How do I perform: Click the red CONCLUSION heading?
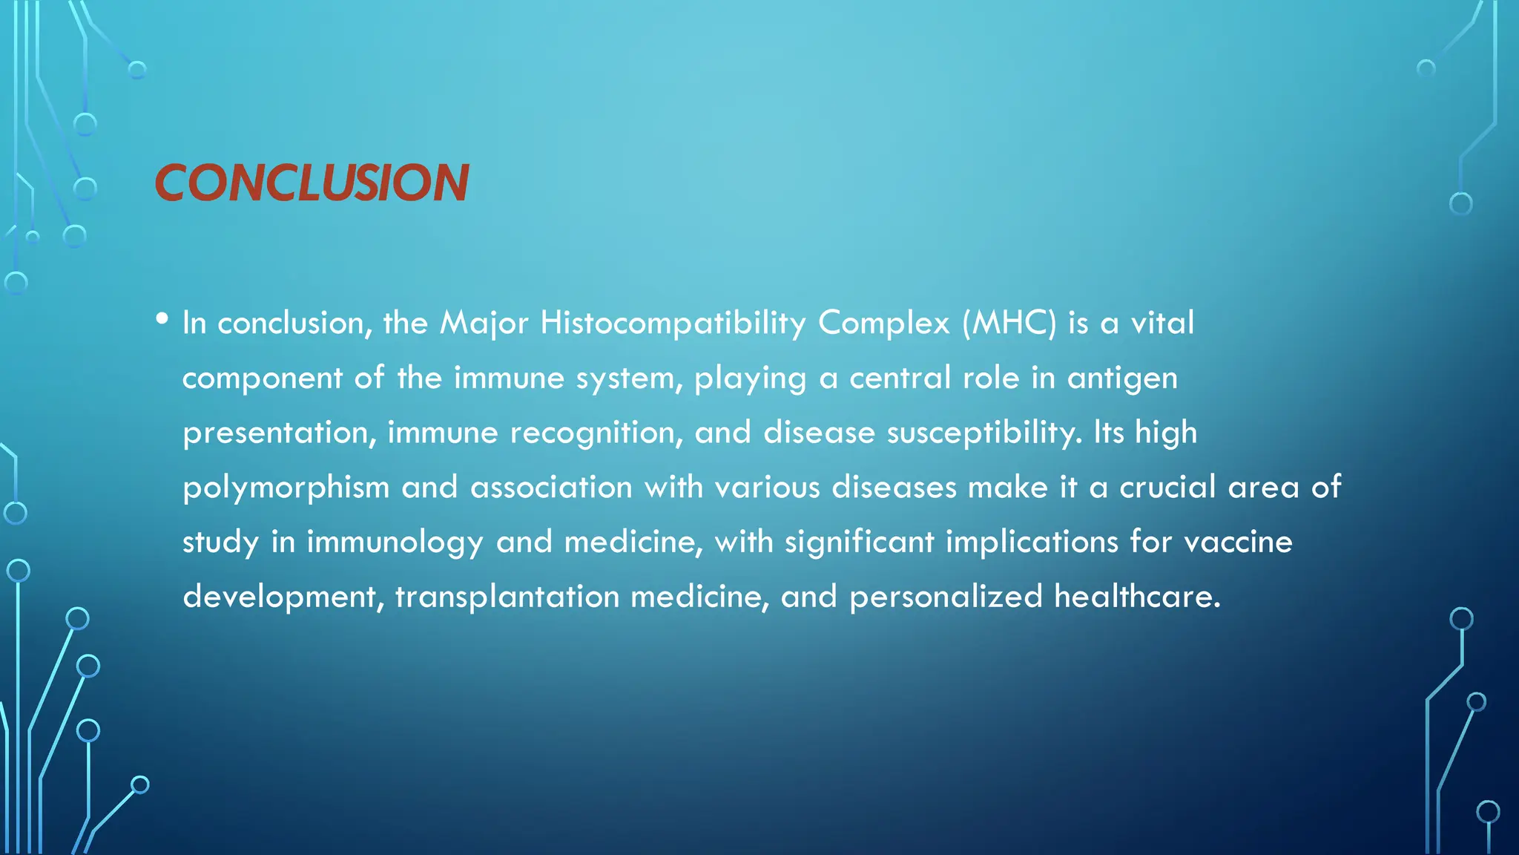pyautogui.click(x=312, y=183)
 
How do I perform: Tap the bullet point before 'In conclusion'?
pyautogui.click(x=162, y=319)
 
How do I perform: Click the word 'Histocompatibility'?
pyautogui.click(x=673, y=324)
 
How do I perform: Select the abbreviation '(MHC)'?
pyautogui.click(x=1009, y=324)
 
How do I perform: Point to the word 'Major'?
pyautogui.click(x=484, y=324)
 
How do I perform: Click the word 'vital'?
pyautogui.click(x=1162, y=324)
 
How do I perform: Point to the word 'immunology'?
pyautogui.click(x=395, y=543)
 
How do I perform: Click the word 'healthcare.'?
pyautogui.click(x=1137, y=597)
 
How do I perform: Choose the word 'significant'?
pyautogui.click(x=859, y=543)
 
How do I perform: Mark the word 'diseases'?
pyautogui.click(x=894, y=488)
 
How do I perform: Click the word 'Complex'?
pyautogui.click(x=883, y=324)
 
